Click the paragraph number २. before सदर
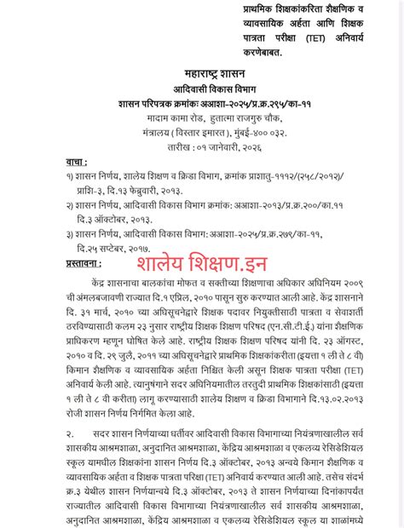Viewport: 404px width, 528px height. tap(70, 436)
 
